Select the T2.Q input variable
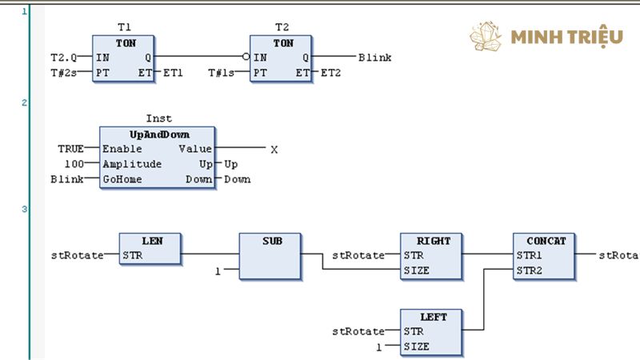coord(64,58)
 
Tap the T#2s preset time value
coord(65,73)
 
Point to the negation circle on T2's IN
coord(246,58)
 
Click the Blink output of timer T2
coord(374,58)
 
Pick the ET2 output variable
coord(331,73)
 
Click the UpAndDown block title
coord(158,134)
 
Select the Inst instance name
coord(158,118)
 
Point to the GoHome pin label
coord(122,179)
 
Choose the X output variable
coord(274,149)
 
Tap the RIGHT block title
coord(434,240)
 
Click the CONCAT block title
coord(546,240)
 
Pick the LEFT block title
coord(433,317)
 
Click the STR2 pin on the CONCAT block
coord(529,270)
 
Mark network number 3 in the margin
coord(24,210)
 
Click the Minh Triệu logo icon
coord(485,36)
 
